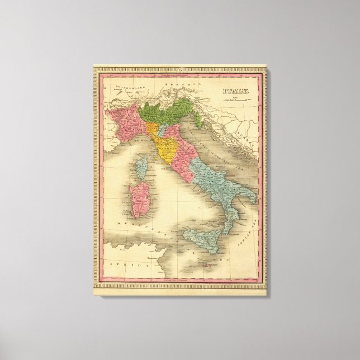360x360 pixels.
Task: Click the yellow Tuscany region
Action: (166, 146)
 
